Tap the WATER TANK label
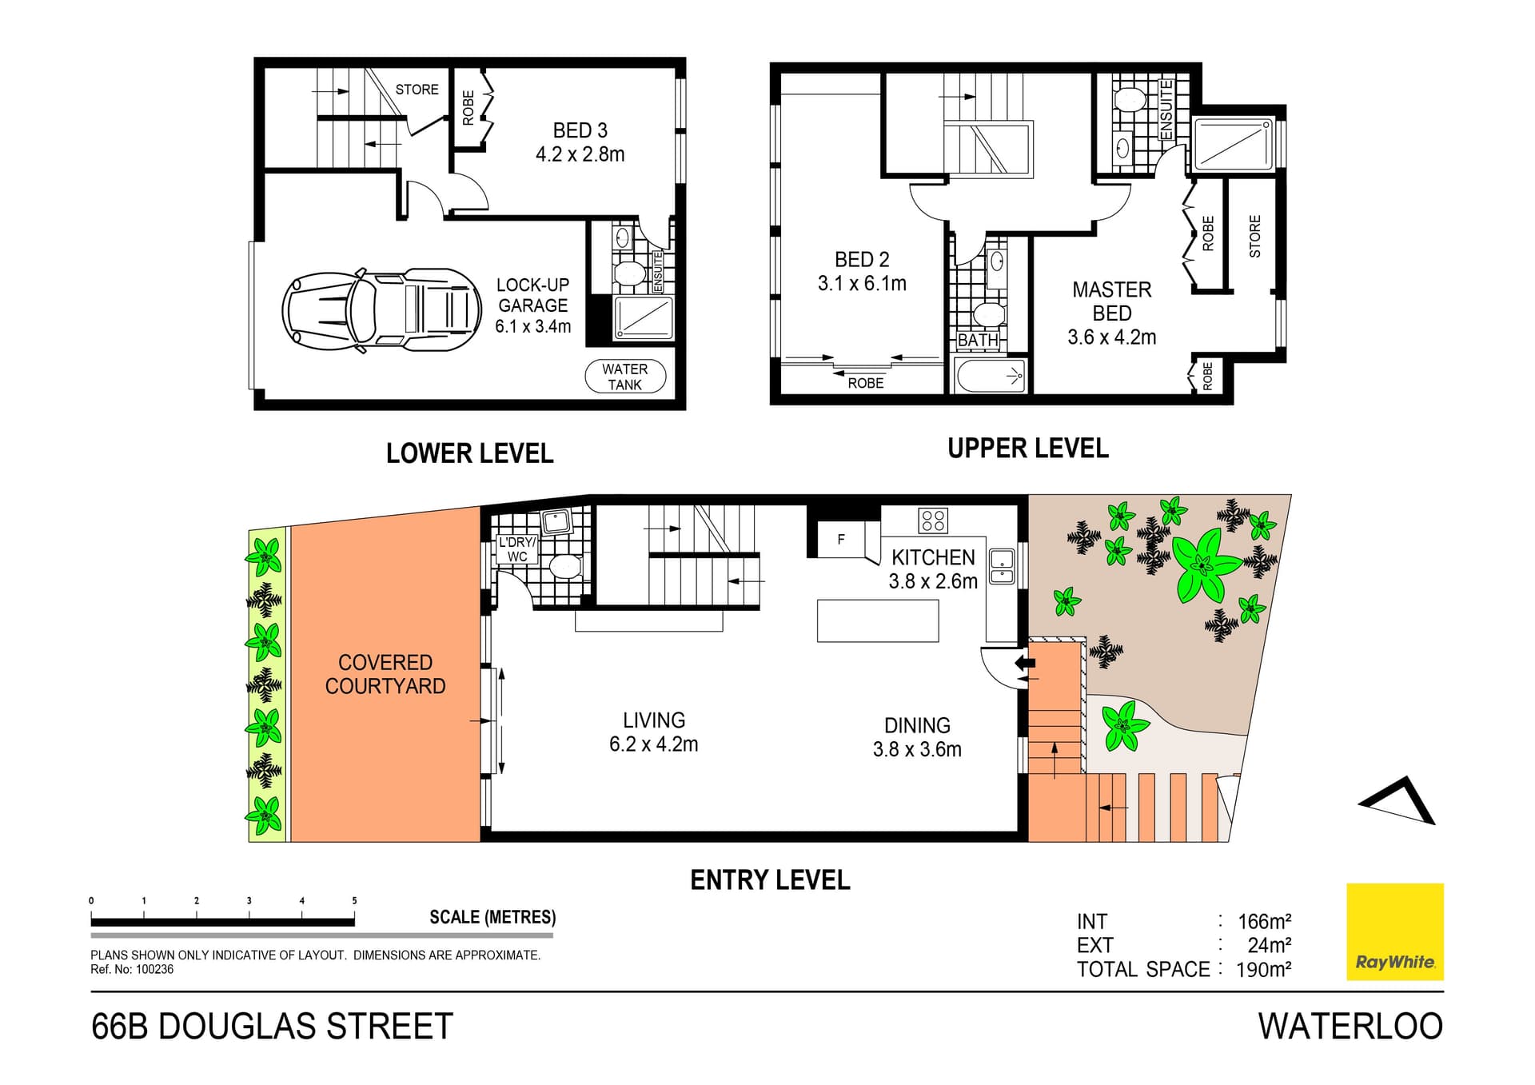(624, 377)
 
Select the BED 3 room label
(580, 142)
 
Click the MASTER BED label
(1111, 301)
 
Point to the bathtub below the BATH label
(990, 375)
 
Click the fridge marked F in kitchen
(841, 540)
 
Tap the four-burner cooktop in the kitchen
(933, 521)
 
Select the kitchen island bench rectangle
(877, 620)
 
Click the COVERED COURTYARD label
(385, 674)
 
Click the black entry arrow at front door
(1024, 662)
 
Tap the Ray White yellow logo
(1394, 931)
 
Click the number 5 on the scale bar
(354, 900)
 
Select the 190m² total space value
(1263, 970)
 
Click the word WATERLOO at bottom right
(1350, 1027)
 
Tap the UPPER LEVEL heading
(1027, 449)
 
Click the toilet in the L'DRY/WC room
(564, 566)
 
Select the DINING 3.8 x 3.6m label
(917, 737)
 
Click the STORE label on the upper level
(1254, 236)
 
